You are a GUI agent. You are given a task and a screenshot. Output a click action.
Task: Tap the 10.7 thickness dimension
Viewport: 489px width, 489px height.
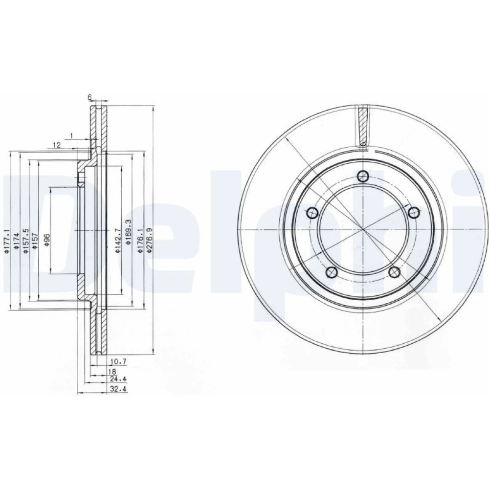118,362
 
